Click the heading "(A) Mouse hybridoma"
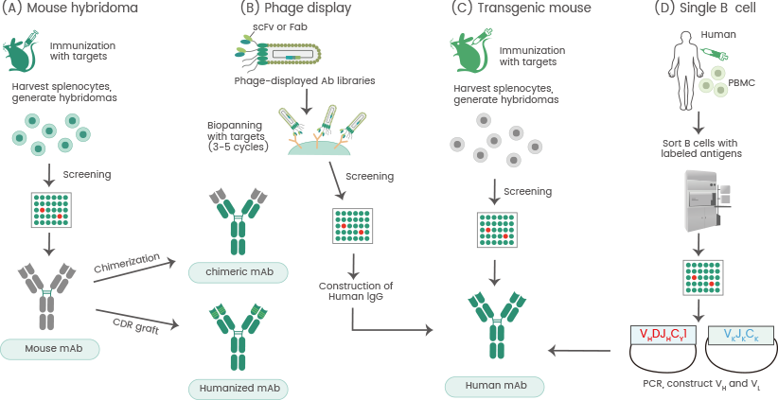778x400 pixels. (64, 10)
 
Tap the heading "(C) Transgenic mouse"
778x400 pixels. (511, 10)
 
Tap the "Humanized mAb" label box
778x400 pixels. (239, 388)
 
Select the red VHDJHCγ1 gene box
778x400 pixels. (664, 335)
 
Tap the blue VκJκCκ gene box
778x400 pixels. (742, 335)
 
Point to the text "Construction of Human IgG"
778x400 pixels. (356, 291)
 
